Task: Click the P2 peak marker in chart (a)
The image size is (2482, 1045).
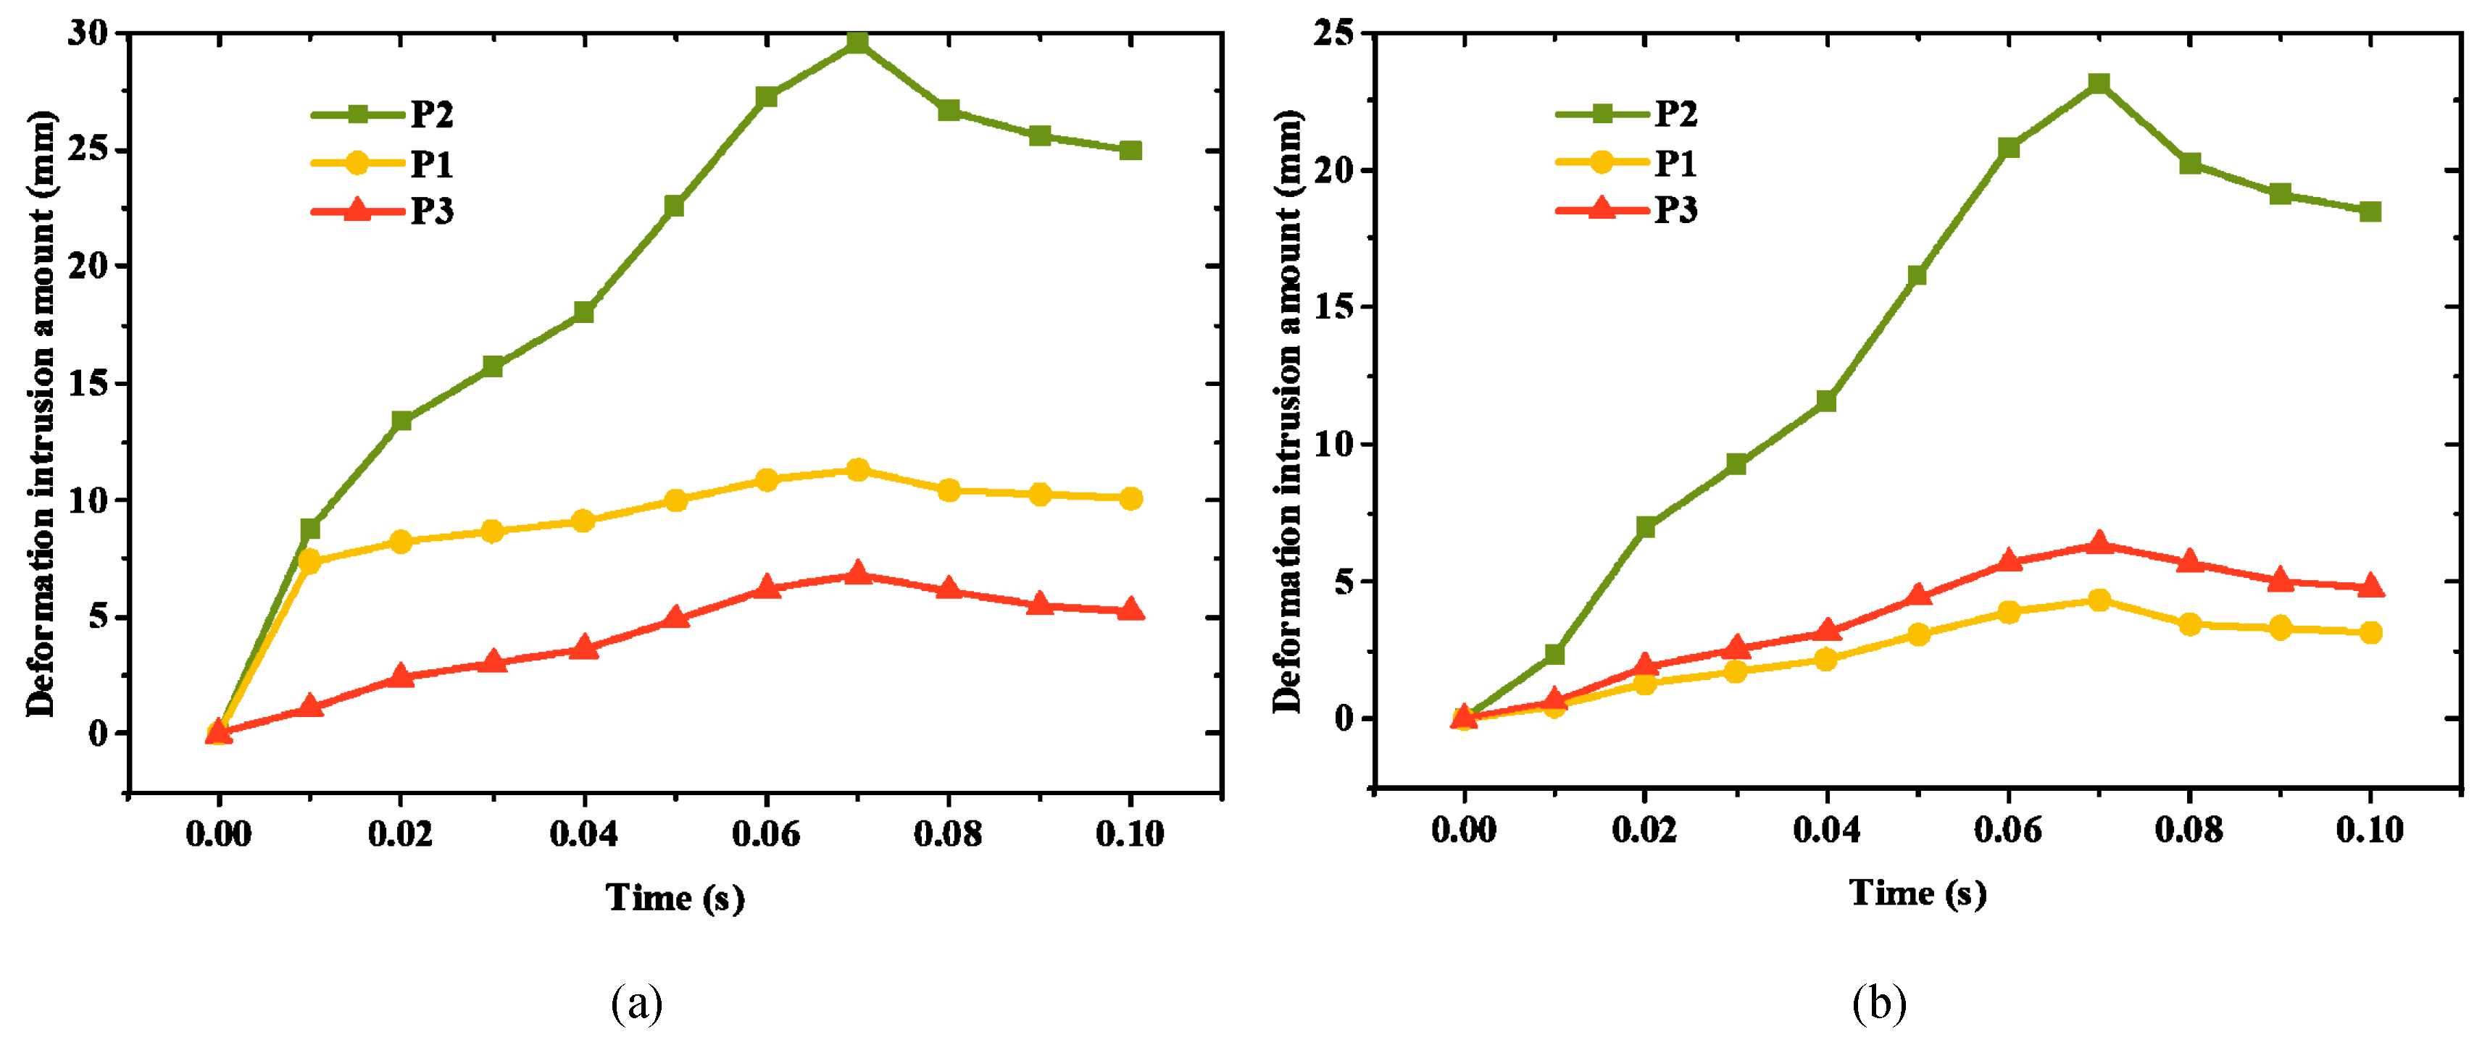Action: pos(857,43)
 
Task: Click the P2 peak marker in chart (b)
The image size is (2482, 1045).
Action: pos(2099,84)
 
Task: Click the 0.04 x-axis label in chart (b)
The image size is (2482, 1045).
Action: pos(1826,829)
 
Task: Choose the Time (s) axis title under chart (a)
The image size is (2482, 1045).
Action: pos(675,898)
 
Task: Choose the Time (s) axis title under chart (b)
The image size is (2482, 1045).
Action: pos(1917,894)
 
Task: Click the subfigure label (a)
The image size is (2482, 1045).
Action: pos(637,1004)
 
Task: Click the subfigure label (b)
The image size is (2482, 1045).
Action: pos(1879,1004)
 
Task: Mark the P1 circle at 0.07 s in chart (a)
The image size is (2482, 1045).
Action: pos(857,470)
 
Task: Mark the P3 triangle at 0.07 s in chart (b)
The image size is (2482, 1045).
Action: pos(2099,544)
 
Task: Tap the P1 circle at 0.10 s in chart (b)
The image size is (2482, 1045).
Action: pos(2370,633)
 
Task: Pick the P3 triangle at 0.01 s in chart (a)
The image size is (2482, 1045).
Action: pos(309,706)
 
